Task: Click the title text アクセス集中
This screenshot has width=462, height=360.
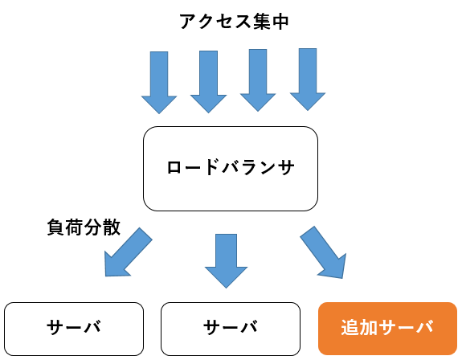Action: (x=235, y=22)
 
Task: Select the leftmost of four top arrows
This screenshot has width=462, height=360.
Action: (x=159, y=83)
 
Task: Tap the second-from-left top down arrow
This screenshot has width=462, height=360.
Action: (x=209, y=82)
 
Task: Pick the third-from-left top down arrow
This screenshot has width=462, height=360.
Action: (x=258, y=80)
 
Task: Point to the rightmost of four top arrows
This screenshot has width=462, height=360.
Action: (x=308, y=80)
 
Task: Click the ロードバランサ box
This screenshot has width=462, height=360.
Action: (x=231, y=169)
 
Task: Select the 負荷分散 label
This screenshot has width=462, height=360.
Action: (x=84, y=227)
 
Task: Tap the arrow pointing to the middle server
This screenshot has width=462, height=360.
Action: (x=226, y=260)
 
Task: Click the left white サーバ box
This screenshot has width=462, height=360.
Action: (x=74, y=329)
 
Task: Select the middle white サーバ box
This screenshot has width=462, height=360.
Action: (x=231, y=329)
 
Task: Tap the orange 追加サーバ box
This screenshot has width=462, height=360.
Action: (x=388, y=329)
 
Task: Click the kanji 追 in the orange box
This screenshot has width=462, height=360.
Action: (x=350, y=327)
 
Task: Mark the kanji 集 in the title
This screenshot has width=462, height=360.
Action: (x=261, y=22)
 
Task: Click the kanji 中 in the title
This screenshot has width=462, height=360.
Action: (x=280, y=22)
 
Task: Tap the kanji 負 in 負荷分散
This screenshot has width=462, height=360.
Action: (x=55, y=227)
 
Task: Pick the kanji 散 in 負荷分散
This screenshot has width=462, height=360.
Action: (x=112, y=227)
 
